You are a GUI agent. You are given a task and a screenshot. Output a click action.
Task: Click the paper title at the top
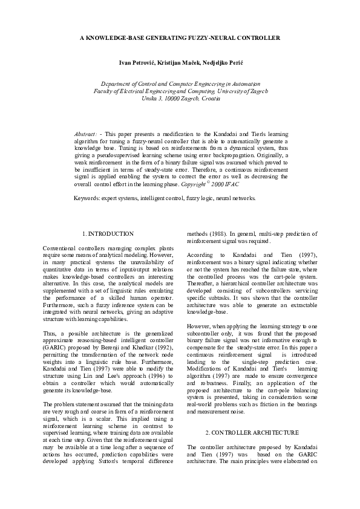tap(180, 37)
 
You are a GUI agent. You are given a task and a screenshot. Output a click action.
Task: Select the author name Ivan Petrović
tap(138, 63)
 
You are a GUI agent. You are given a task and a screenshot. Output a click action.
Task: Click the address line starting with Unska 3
tap(180, 98)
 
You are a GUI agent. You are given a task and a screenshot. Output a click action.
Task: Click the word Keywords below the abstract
tap(86, 198)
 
